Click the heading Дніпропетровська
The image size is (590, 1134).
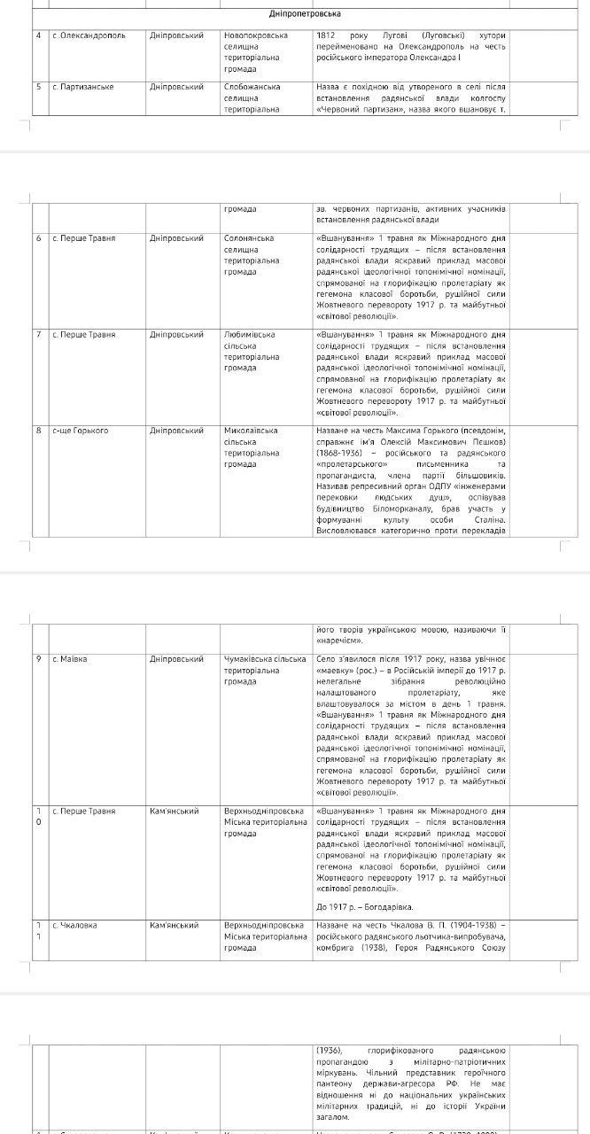pos(293,14)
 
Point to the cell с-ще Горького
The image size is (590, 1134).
pos(80,431)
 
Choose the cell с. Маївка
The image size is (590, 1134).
pos(70,659)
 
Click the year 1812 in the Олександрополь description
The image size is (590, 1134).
pos(326,36)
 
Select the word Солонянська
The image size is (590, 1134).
pos(250,238)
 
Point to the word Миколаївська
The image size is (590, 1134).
pos(252,431)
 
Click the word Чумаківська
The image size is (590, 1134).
pos(250,659)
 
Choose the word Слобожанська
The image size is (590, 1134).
pos(252,87)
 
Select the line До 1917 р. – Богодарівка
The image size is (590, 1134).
pos(364,906)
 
